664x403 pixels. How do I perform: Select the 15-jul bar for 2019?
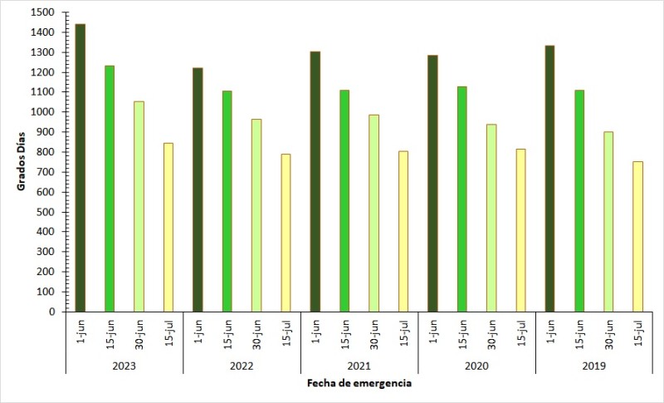tap(637, 237)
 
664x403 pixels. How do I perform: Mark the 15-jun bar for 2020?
tap(461, 199)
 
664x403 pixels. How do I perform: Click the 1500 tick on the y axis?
tap(43, 12)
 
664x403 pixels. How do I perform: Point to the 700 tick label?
tap(46, 172)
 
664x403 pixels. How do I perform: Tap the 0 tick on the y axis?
tap(51, 312)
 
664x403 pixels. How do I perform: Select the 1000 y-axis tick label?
tap(43, 112)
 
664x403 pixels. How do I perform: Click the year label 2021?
tap(359, 365)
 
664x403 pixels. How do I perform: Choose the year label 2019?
tap(593, 365)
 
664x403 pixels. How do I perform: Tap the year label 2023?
tap(124, 365)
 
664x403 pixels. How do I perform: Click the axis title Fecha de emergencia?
tap(359, 383)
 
